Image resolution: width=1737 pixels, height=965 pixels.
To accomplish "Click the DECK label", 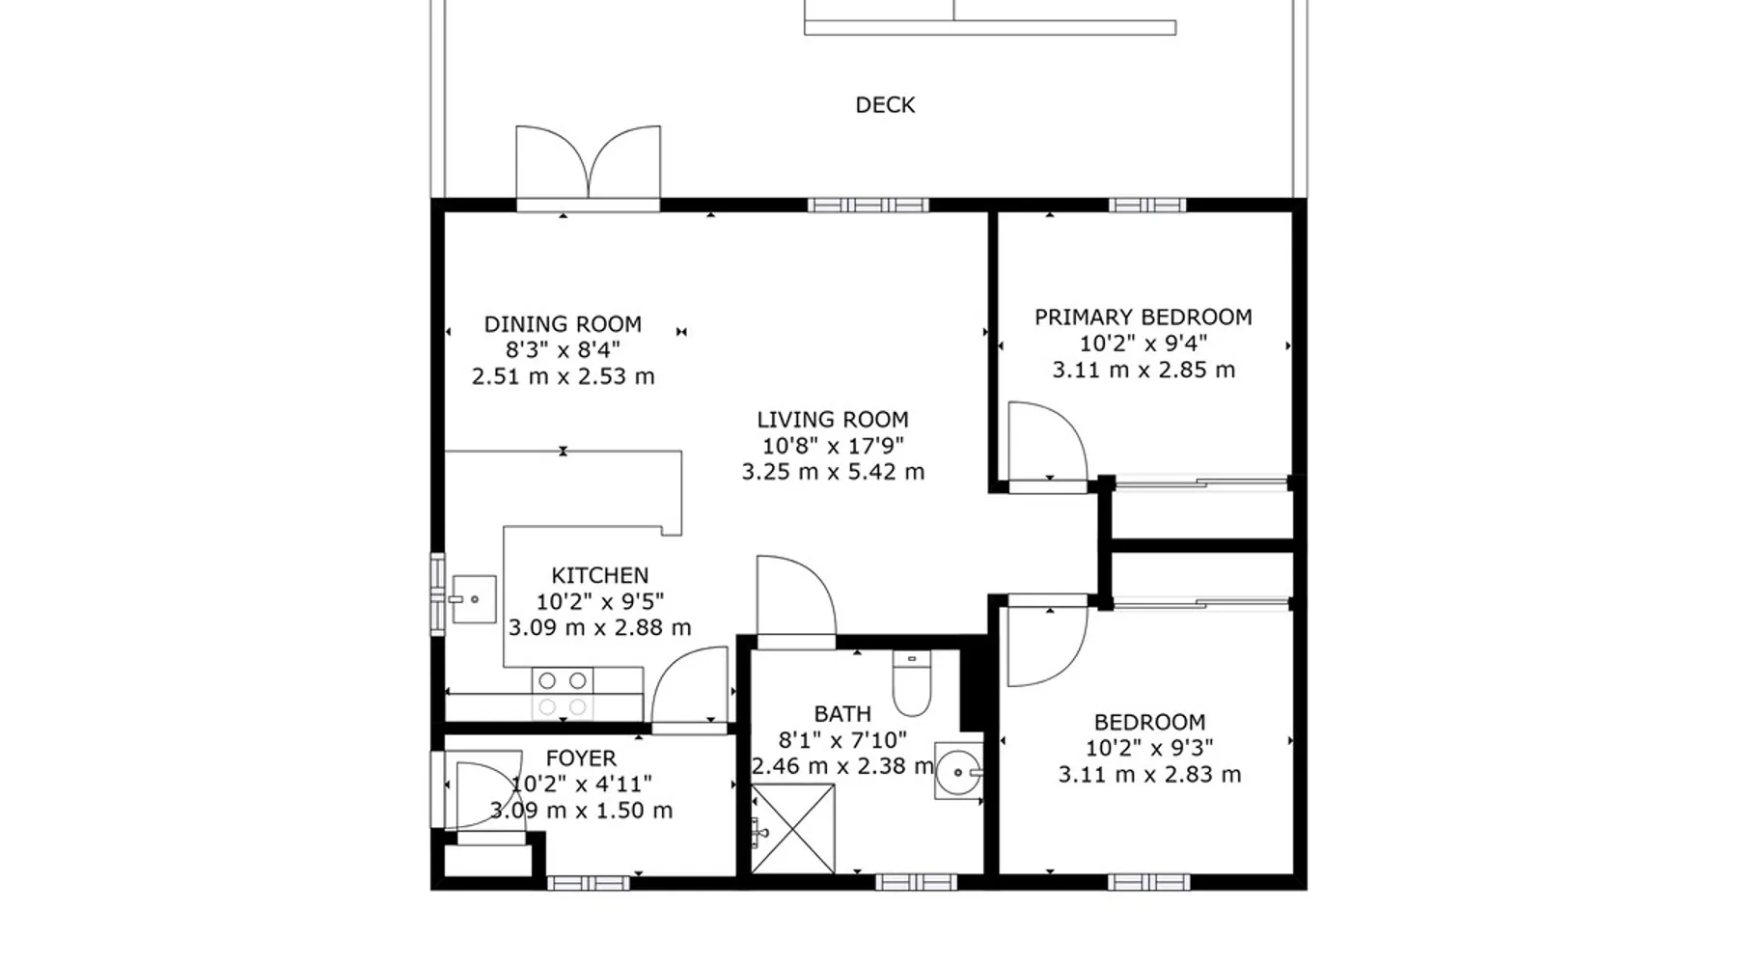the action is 885,105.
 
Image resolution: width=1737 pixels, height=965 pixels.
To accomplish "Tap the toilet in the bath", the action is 912,683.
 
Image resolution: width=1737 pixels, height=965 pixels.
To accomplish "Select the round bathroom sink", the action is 958,771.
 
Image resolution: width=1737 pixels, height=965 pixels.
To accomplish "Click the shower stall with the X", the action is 793,829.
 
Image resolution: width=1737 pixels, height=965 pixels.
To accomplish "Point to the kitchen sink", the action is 473,599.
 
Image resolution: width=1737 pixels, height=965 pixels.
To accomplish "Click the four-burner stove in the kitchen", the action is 563,694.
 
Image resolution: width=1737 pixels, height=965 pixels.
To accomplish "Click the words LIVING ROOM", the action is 833,420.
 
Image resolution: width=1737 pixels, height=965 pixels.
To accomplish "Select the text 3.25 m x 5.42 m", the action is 833,472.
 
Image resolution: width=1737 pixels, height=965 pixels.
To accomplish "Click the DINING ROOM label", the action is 563,324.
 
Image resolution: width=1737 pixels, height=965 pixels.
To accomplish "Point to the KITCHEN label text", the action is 600,575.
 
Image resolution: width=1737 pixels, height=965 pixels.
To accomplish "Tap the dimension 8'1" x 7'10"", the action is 842,740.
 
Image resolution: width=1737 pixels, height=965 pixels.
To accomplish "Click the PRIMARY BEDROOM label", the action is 1144,317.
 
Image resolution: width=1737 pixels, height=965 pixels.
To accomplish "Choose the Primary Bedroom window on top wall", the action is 1147,205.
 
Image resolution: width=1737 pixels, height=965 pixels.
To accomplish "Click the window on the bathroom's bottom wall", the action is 917,882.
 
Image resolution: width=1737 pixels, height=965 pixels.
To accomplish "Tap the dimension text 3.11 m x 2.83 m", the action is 1149,774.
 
